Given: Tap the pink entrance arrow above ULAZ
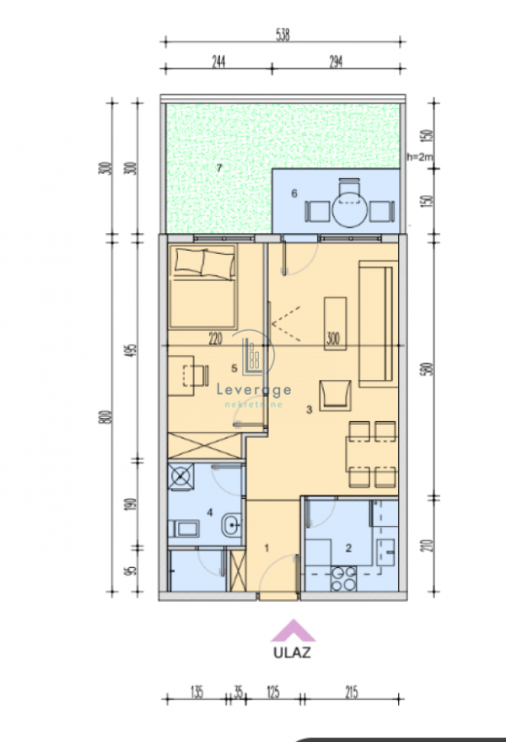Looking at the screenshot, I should point(292,630).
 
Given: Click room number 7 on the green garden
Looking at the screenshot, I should point(218,168).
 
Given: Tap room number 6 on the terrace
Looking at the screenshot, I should point(293,193).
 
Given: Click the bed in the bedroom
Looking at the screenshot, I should point(202,289).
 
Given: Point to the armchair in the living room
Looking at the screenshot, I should point(335,394).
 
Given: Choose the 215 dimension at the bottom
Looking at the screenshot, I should point(352,693).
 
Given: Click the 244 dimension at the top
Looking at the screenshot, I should point(218,60).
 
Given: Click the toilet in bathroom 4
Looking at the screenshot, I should point(186,529).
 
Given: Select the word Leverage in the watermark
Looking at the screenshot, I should point(255,390).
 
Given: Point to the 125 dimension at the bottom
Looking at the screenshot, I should point(272,693).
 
